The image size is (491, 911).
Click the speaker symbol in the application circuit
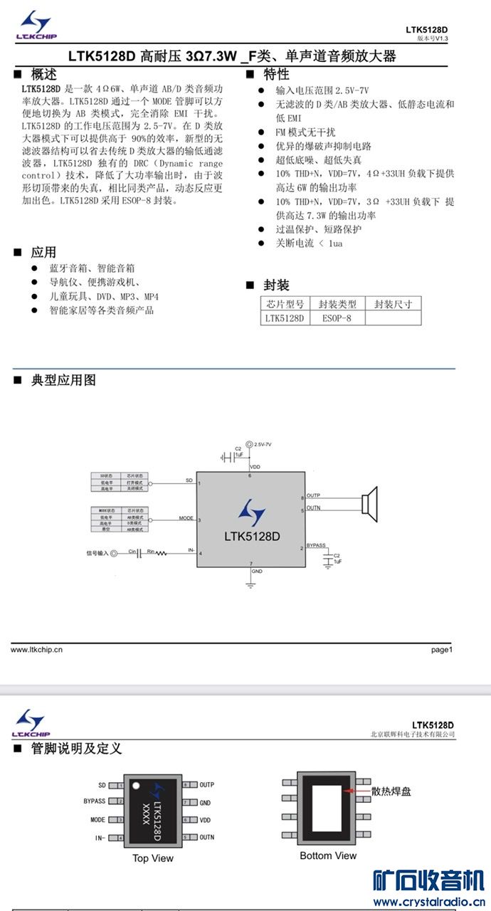(368, 503)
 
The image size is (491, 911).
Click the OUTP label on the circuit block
(313, 495)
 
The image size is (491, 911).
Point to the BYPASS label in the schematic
(316, 545)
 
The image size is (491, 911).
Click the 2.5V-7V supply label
(263, 443)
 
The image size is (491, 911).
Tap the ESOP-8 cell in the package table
(337, 318)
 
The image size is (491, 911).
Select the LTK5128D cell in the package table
(284, 318)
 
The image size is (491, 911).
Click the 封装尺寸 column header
(393, 304)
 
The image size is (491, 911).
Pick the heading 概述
(43, 74)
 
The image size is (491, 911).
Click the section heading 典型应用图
(63, 380)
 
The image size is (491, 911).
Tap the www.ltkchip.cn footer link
(36, 649)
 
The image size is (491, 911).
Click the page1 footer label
(441, 649)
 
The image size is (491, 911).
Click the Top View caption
(153, 858)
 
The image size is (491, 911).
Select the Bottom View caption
(328, 855)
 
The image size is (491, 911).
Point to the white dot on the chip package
(134, 785)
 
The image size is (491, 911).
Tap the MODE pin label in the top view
(97, 820)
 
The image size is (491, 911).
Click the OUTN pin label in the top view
(207, 837)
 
